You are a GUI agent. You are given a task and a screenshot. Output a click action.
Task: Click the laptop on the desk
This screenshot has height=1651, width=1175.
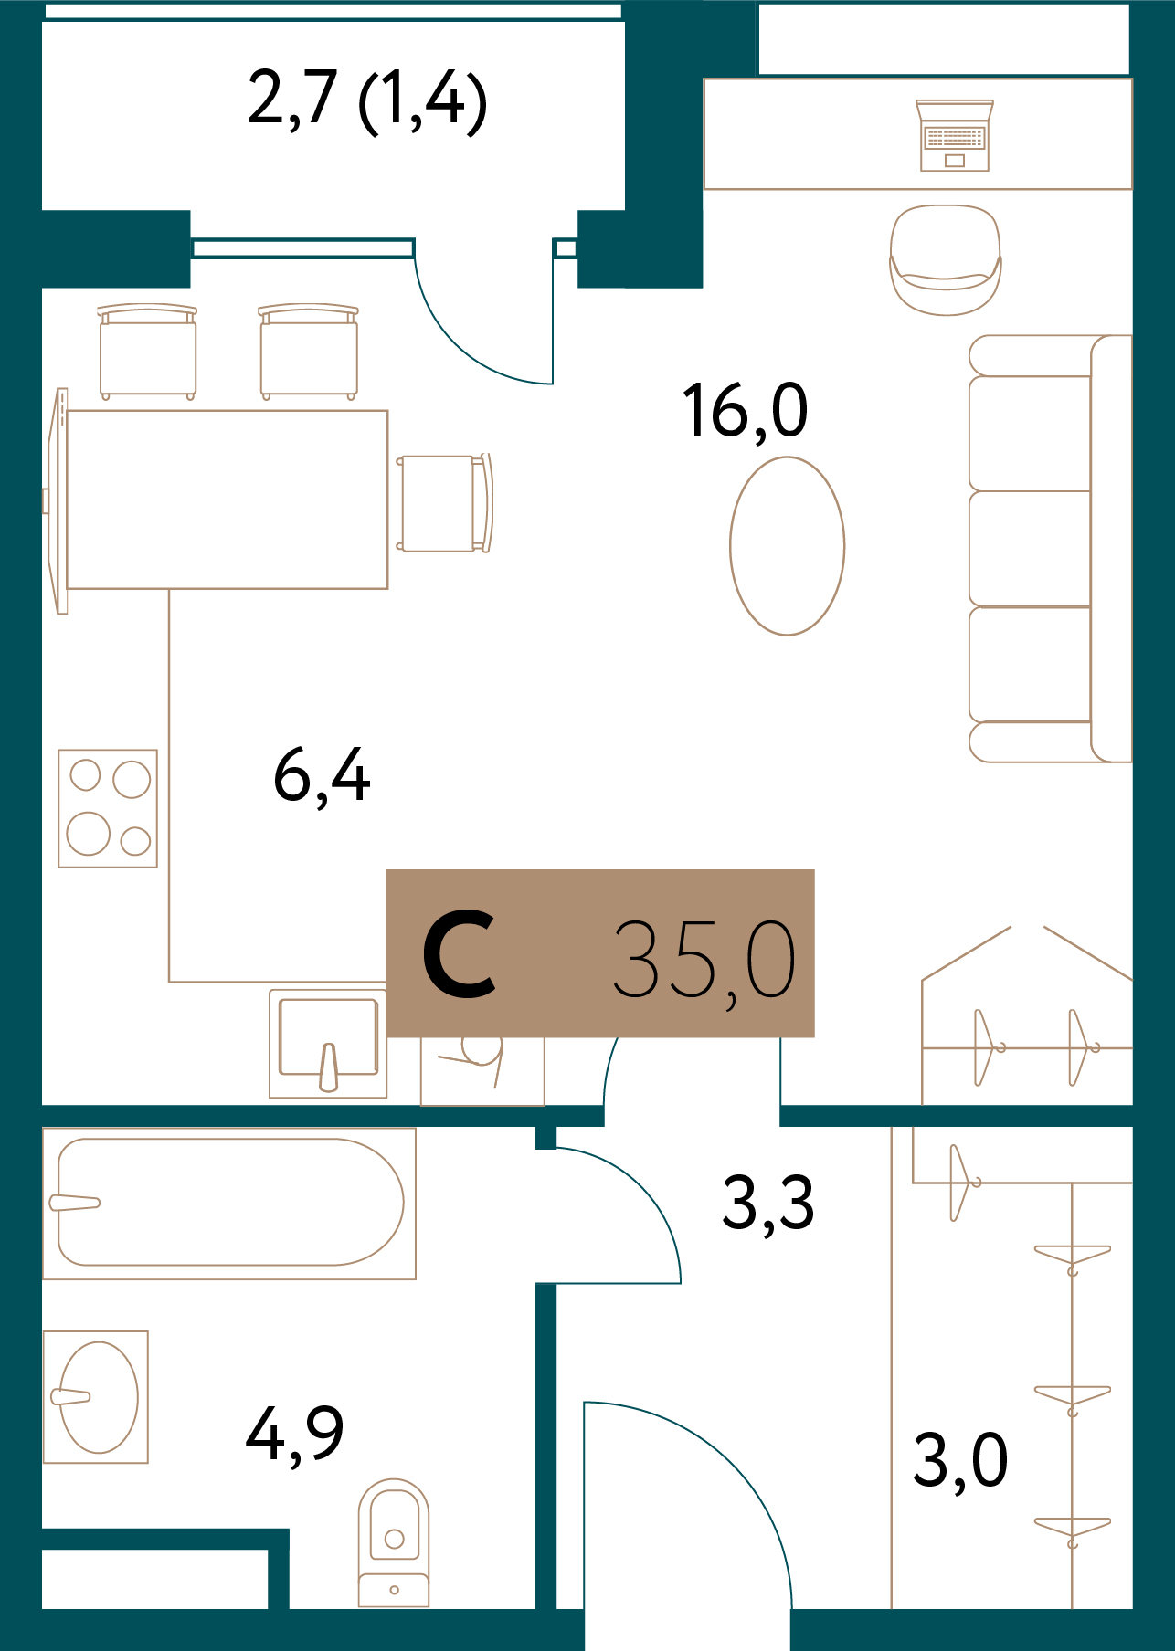[955, 136]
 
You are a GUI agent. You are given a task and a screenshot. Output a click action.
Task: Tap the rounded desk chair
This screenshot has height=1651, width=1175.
[946, 260]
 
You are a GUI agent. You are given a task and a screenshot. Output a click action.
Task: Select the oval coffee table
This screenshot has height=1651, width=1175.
[787, 546]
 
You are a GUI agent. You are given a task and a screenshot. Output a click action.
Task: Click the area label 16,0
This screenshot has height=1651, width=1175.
[745, 411]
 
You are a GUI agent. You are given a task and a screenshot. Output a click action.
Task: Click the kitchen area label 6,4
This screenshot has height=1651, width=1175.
[322, 776]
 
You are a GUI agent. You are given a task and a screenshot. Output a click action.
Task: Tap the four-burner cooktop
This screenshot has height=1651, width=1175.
[108, 808]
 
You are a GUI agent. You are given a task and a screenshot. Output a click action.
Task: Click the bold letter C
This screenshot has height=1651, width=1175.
[459, 955]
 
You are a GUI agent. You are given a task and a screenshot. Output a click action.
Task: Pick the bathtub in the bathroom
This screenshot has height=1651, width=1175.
[228, 1202]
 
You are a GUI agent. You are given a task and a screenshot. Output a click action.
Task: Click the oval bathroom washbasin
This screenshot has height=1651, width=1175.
[97, 1396]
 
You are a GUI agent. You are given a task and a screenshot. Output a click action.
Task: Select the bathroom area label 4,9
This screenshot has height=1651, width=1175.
[294, 1434]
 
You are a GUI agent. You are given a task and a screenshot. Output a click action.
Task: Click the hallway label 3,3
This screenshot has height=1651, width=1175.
[767, 1204]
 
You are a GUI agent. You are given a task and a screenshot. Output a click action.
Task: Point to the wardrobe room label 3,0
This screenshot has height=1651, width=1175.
[959, 1461]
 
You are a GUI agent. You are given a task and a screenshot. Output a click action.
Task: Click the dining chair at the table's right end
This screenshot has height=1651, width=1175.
[443, 504]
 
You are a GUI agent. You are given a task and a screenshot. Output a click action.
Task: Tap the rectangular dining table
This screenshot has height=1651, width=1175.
[227, 499]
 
